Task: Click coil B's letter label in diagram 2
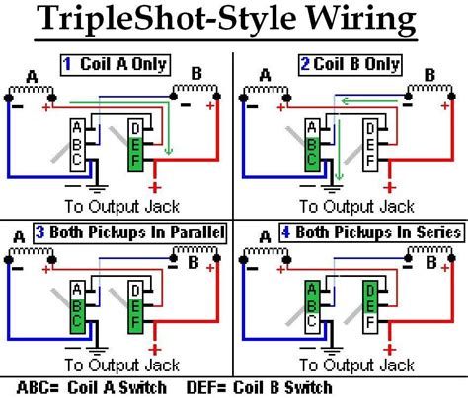click(x=429, y=74)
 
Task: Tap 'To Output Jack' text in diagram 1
click(x=115, y=208)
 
